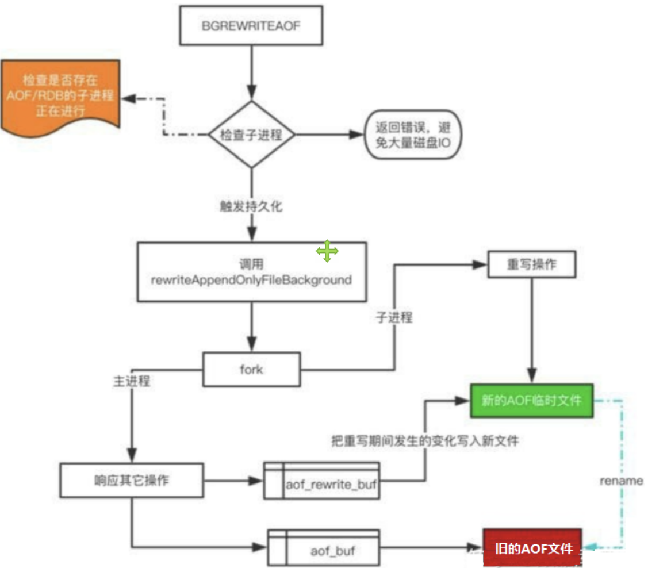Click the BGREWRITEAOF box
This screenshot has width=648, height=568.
[251, 27]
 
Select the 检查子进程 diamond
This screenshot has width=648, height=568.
[251, 135]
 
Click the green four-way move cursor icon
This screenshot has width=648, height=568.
[327, 251]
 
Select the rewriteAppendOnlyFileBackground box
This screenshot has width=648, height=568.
[251, 272]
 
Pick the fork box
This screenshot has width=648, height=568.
[251, 369]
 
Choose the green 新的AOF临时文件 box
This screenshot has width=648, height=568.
[531, 401]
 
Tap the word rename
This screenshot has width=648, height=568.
[621, 480]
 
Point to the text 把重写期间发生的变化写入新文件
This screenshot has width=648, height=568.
[425, 441]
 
